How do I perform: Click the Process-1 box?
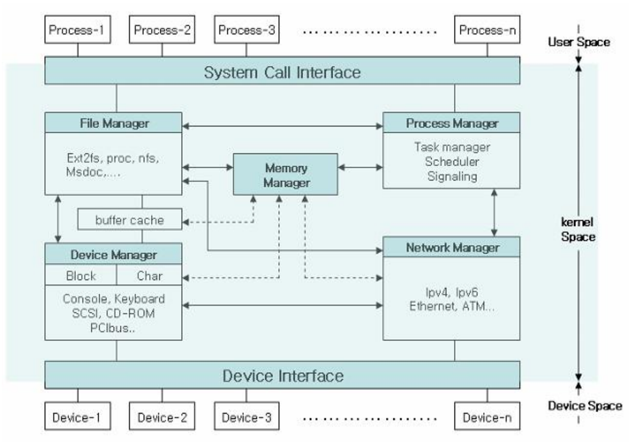(77, 30)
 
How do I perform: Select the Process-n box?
(487, 30)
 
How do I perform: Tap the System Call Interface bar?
(282, 71)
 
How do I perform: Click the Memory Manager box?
(285, 175)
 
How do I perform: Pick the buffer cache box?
(129, 220)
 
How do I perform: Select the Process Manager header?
(451, 123)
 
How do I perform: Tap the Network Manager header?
(451, 247)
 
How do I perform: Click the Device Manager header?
(113, 254)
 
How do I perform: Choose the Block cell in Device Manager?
(81, 275)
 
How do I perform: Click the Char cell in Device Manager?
(149, 275)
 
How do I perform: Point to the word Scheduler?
(452, 161)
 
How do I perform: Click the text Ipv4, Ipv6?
(451, 292)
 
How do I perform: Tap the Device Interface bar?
(282, 375)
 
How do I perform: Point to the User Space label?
(579, 42)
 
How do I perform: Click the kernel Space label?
(578, 229)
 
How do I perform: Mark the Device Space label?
(585, 405)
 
